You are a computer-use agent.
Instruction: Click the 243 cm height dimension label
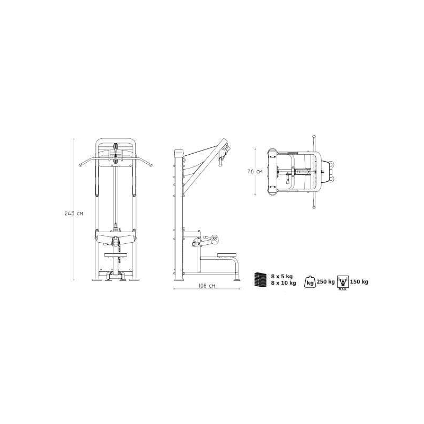tap(74, 214)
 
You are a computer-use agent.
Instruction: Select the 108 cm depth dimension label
tap(207, 286)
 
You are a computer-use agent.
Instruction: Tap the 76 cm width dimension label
tap(255, 171)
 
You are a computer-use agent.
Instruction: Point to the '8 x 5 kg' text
tap(282, 276)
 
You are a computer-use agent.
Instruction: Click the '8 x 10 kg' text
tap(284, 283)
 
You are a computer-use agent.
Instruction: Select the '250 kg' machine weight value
tap(325, 282)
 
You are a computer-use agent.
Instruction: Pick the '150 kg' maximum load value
tap(359, 282)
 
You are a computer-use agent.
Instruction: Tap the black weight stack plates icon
tap(260, 279)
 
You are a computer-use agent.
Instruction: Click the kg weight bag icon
tap(310, 281)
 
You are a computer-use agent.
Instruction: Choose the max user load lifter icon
tap(343, 282)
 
